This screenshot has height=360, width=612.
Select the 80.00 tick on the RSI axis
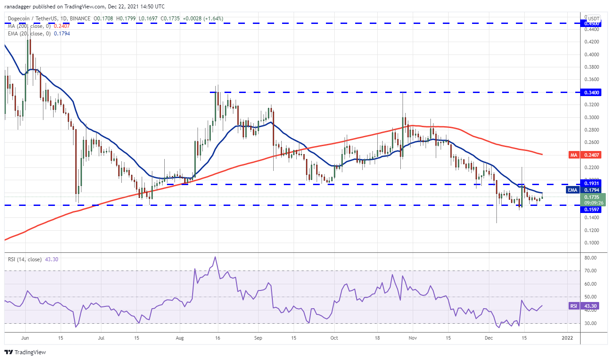[589, 258]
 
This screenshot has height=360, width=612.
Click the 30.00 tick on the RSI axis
[589, 323]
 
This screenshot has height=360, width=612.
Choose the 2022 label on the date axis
[567, 337]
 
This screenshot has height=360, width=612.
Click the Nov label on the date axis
[413, 337]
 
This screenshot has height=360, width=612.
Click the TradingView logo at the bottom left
[25, 352]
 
